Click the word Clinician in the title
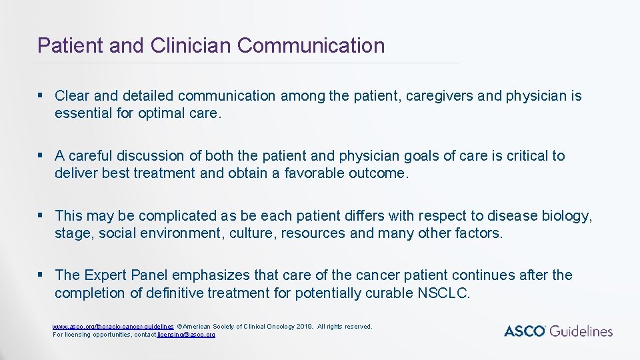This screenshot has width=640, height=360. pos(191,45)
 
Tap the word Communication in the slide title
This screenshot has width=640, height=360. pos(311,45)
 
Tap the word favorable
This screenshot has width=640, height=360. pos(314,173)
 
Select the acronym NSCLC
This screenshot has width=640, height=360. pos(443,293)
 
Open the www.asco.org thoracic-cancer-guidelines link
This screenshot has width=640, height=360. pos(113,327)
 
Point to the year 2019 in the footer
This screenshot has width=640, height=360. pos(303,327)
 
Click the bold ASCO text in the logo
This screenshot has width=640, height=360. pos(525,331)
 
